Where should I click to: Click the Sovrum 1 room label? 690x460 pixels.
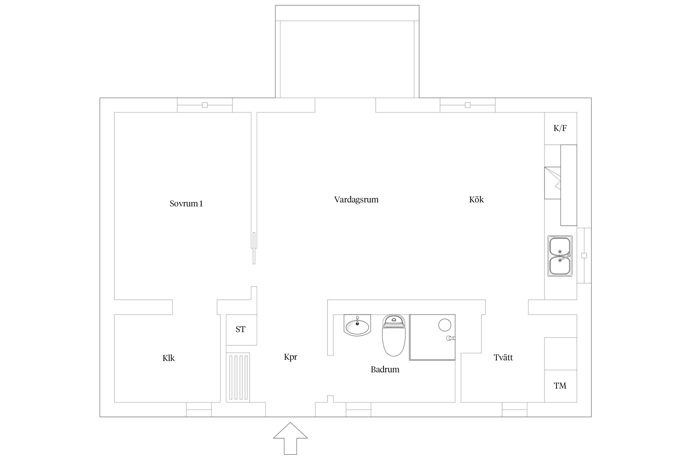point(186,204)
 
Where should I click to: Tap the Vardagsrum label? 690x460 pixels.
point(356,200)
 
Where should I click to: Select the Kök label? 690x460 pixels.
point(476,200)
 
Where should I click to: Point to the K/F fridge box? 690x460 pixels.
point(561,128)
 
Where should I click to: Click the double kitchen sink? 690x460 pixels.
point(560,256)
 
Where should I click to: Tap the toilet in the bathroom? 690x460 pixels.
point(394,335)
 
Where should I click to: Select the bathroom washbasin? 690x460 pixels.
point(357,325)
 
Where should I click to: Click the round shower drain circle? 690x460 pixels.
point(444,325)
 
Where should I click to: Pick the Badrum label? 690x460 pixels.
point(385,370)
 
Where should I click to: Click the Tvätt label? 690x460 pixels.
point(503,358)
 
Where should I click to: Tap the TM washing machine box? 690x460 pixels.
point(561,386)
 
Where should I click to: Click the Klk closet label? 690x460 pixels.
point(168,358)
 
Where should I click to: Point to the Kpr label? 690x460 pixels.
point(290,357)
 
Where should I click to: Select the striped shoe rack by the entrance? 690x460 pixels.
point(238,378)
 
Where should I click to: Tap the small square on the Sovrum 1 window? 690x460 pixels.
point(205,105)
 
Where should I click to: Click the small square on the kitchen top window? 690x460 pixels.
point(468,105)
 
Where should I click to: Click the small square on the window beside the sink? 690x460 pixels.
point(584,255)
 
